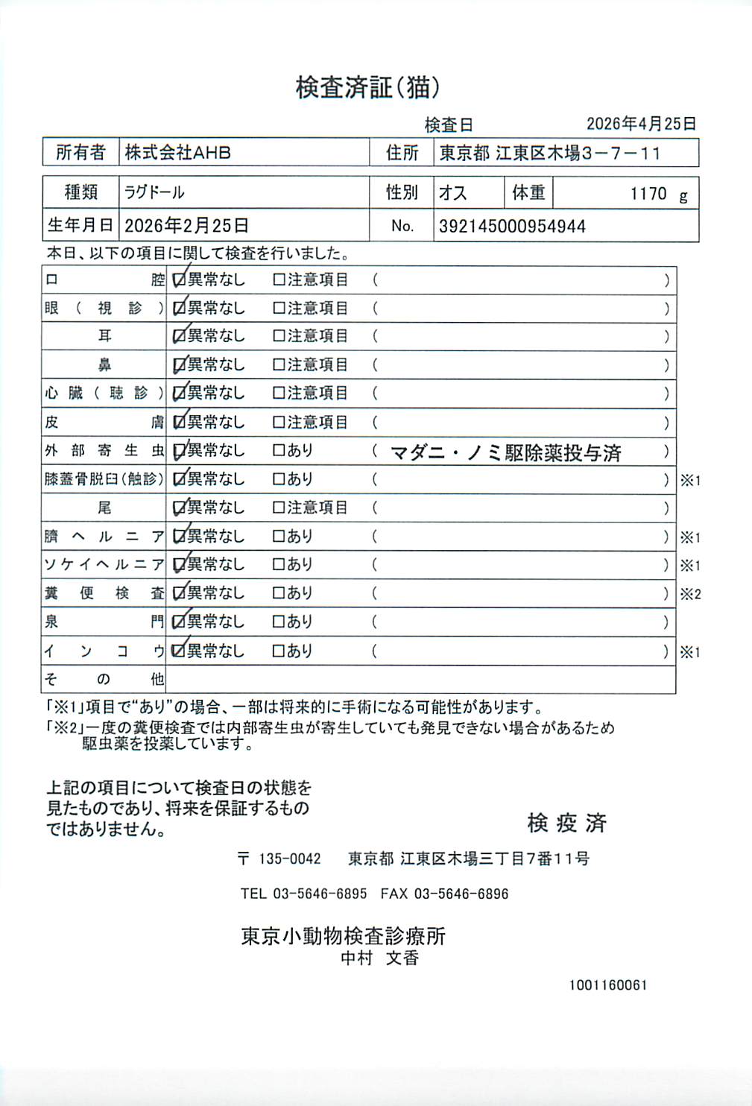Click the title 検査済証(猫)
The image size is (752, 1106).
(367, 88)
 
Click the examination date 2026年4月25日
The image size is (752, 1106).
(641, 124)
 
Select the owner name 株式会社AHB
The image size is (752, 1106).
(177, 153)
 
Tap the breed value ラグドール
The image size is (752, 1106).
(154, 192)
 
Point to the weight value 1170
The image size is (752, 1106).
(648, 194)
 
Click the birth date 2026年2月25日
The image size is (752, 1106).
(186, 225)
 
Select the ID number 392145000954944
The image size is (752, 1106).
(512, 227)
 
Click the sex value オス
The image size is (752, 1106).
(452, 193)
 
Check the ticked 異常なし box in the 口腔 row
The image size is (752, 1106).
(179, 280)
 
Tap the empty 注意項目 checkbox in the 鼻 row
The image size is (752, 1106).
(279, 365)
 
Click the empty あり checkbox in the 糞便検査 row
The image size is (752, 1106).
(279, 593)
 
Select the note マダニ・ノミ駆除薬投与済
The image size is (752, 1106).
(505, 452)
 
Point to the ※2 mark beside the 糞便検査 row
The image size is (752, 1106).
(690, 594)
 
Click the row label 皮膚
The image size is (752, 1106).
(104, 423)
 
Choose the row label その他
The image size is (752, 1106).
(104, 679)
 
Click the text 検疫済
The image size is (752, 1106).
(566, 823)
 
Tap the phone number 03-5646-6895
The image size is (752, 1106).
(320, 894)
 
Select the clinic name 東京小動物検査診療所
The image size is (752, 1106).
(343, 936)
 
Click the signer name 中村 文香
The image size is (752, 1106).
(379, 958)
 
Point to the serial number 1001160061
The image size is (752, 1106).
(608, 985)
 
